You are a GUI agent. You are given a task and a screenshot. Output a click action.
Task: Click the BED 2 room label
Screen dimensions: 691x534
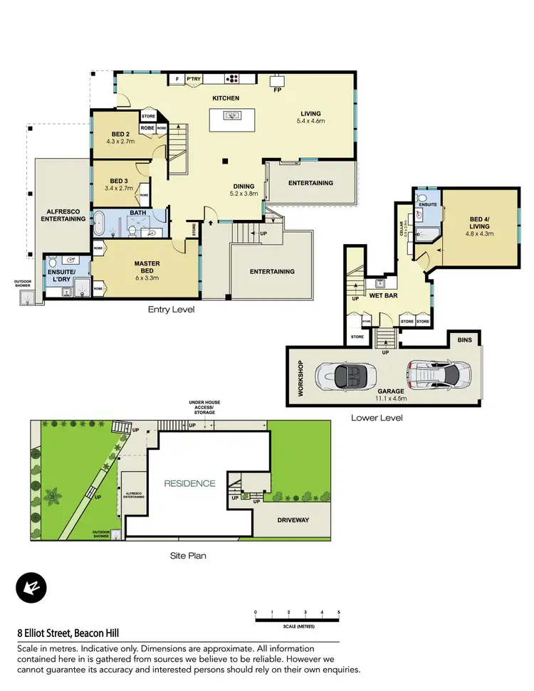(120, 134)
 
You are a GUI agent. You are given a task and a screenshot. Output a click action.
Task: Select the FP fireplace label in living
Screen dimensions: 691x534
(276, 90)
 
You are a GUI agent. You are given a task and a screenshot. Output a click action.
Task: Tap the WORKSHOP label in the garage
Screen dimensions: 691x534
(300, 376)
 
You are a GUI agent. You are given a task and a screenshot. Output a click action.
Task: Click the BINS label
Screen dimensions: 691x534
(464, 341)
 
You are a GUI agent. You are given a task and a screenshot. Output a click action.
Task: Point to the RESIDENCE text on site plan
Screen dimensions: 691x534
(189, 483)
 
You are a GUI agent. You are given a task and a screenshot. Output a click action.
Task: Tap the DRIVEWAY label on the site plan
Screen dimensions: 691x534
(293, 520)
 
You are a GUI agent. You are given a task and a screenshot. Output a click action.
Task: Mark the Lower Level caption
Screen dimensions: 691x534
(377, 418)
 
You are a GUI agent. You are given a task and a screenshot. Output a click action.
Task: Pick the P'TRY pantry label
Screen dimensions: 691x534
(193, 79)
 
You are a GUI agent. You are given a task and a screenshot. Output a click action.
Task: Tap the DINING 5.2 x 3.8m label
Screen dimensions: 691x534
(243, 189)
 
